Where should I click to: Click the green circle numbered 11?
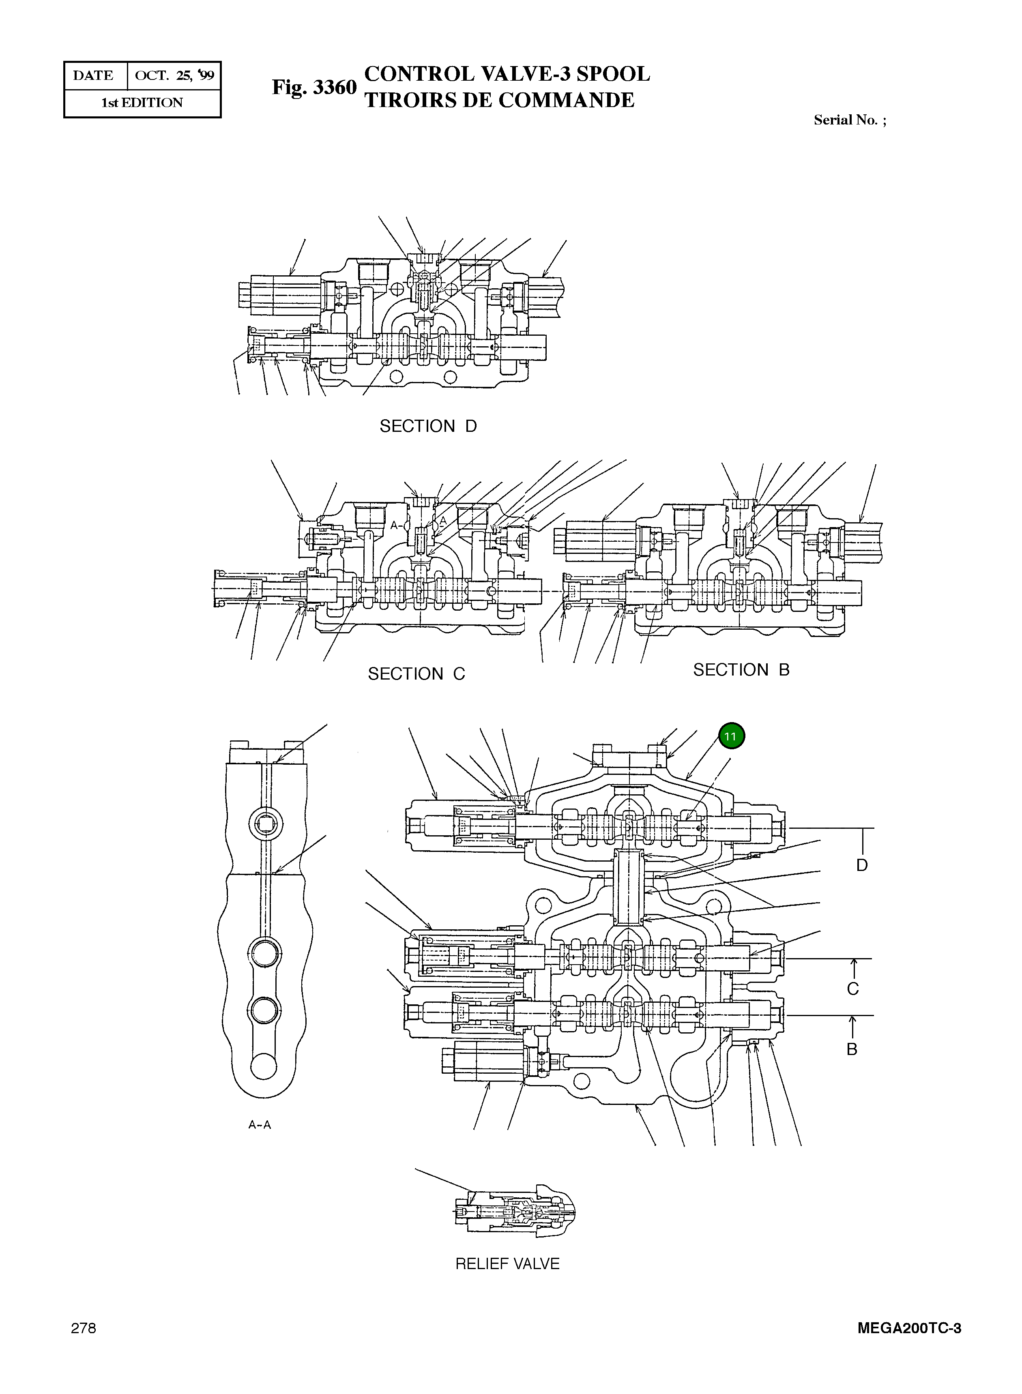pos(731,736)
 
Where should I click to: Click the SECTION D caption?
pos(428,426)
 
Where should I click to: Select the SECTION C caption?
pos(417,673)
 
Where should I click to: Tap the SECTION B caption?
pos(741,670)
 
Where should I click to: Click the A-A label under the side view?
pos(260,1125)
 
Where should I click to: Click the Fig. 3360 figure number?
pos(314,87)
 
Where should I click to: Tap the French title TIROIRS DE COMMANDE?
pos(499,100)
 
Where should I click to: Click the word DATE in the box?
pos(93,75)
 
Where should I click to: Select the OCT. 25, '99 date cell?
pos(174,75)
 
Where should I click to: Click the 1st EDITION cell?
pos(142,103)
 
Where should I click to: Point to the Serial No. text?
pos(849,120)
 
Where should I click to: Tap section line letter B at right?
pos(852,1049)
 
